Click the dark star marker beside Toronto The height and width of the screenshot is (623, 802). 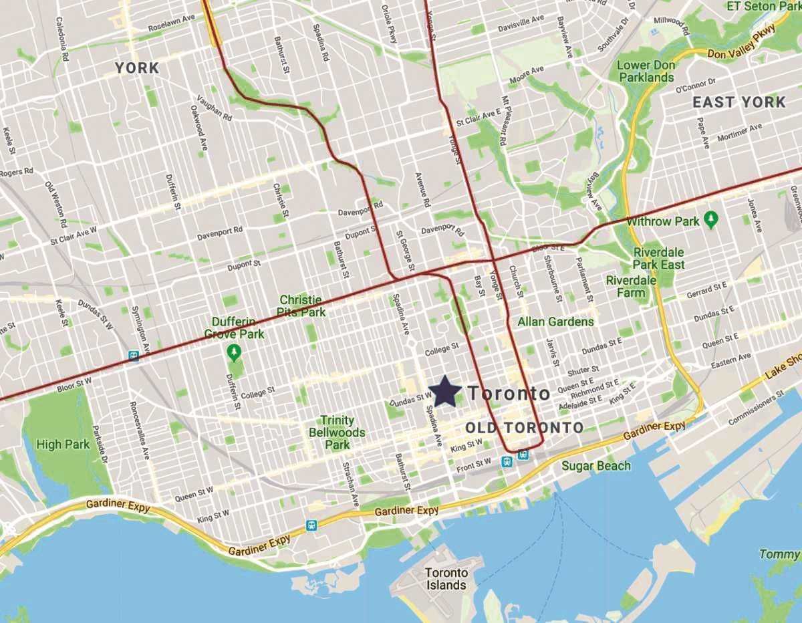[444, 391]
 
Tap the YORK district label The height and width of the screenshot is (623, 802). [137, 68]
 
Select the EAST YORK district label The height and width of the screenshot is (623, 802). [739, 102]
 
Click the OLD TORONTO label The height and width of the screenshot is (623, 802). [525, 428]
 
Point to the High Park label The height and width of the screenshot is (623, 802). [63, 444]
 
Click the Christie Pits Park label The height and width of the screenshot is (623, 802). [302, 306]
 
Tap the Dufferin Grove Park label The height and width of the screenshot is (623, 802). [234, 328]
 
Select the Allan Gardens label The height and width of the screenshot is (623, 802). [555, 322]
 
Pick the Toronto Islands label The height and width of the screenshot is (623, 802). [446, 579]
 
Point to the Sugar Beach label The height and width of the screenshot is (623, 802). [595, 466]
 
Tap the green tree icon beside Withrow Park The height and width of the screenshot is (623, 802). [712, 219]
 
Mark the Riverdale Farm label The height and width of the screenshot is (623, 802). [630, 286]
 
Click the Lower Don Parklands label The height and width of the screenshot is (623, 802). [646, 72]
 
